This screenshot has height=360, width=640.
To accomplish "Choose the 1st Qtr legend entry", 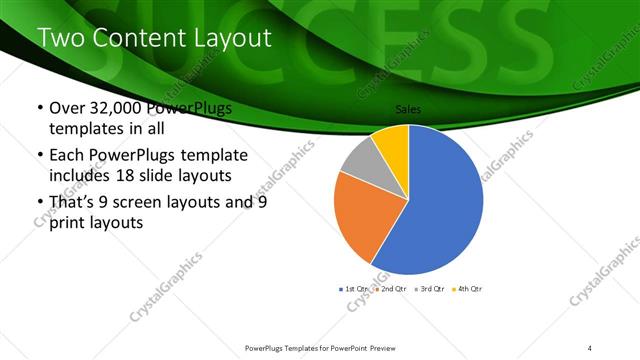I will pos(355,288).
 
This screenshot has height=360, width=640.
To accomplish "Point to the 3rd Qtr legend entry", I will pos(431,288).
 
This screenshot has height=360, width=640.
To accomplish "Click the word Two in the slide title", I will pos(59,39).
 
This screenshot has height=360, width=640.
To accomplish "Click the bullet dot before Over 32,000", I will pos(39,109).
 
